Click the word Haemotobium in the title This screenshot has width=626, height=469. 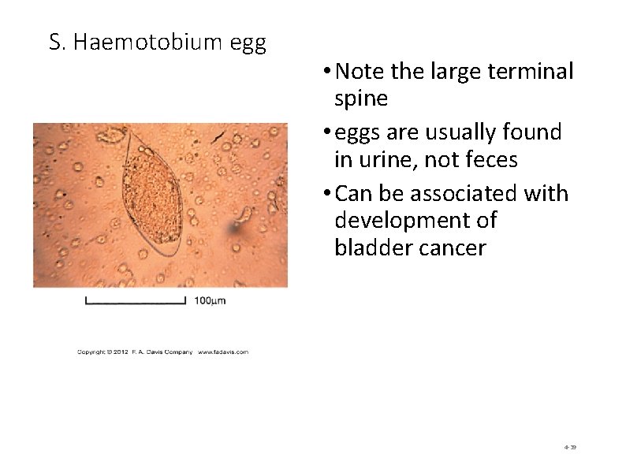point(148,43)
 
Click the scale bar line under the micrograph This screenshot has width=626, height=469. point(135,300)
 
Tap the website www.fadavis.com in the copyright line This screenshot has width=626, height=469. point(223,352)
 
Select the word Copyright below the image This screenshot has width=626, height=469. point(92,352)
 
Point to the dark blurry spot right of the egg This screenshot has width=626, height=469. point(234,229)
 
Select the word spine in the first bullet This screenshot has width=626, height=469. point(361,99)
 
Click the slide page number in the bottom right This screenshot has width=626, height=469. point(570,447)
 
